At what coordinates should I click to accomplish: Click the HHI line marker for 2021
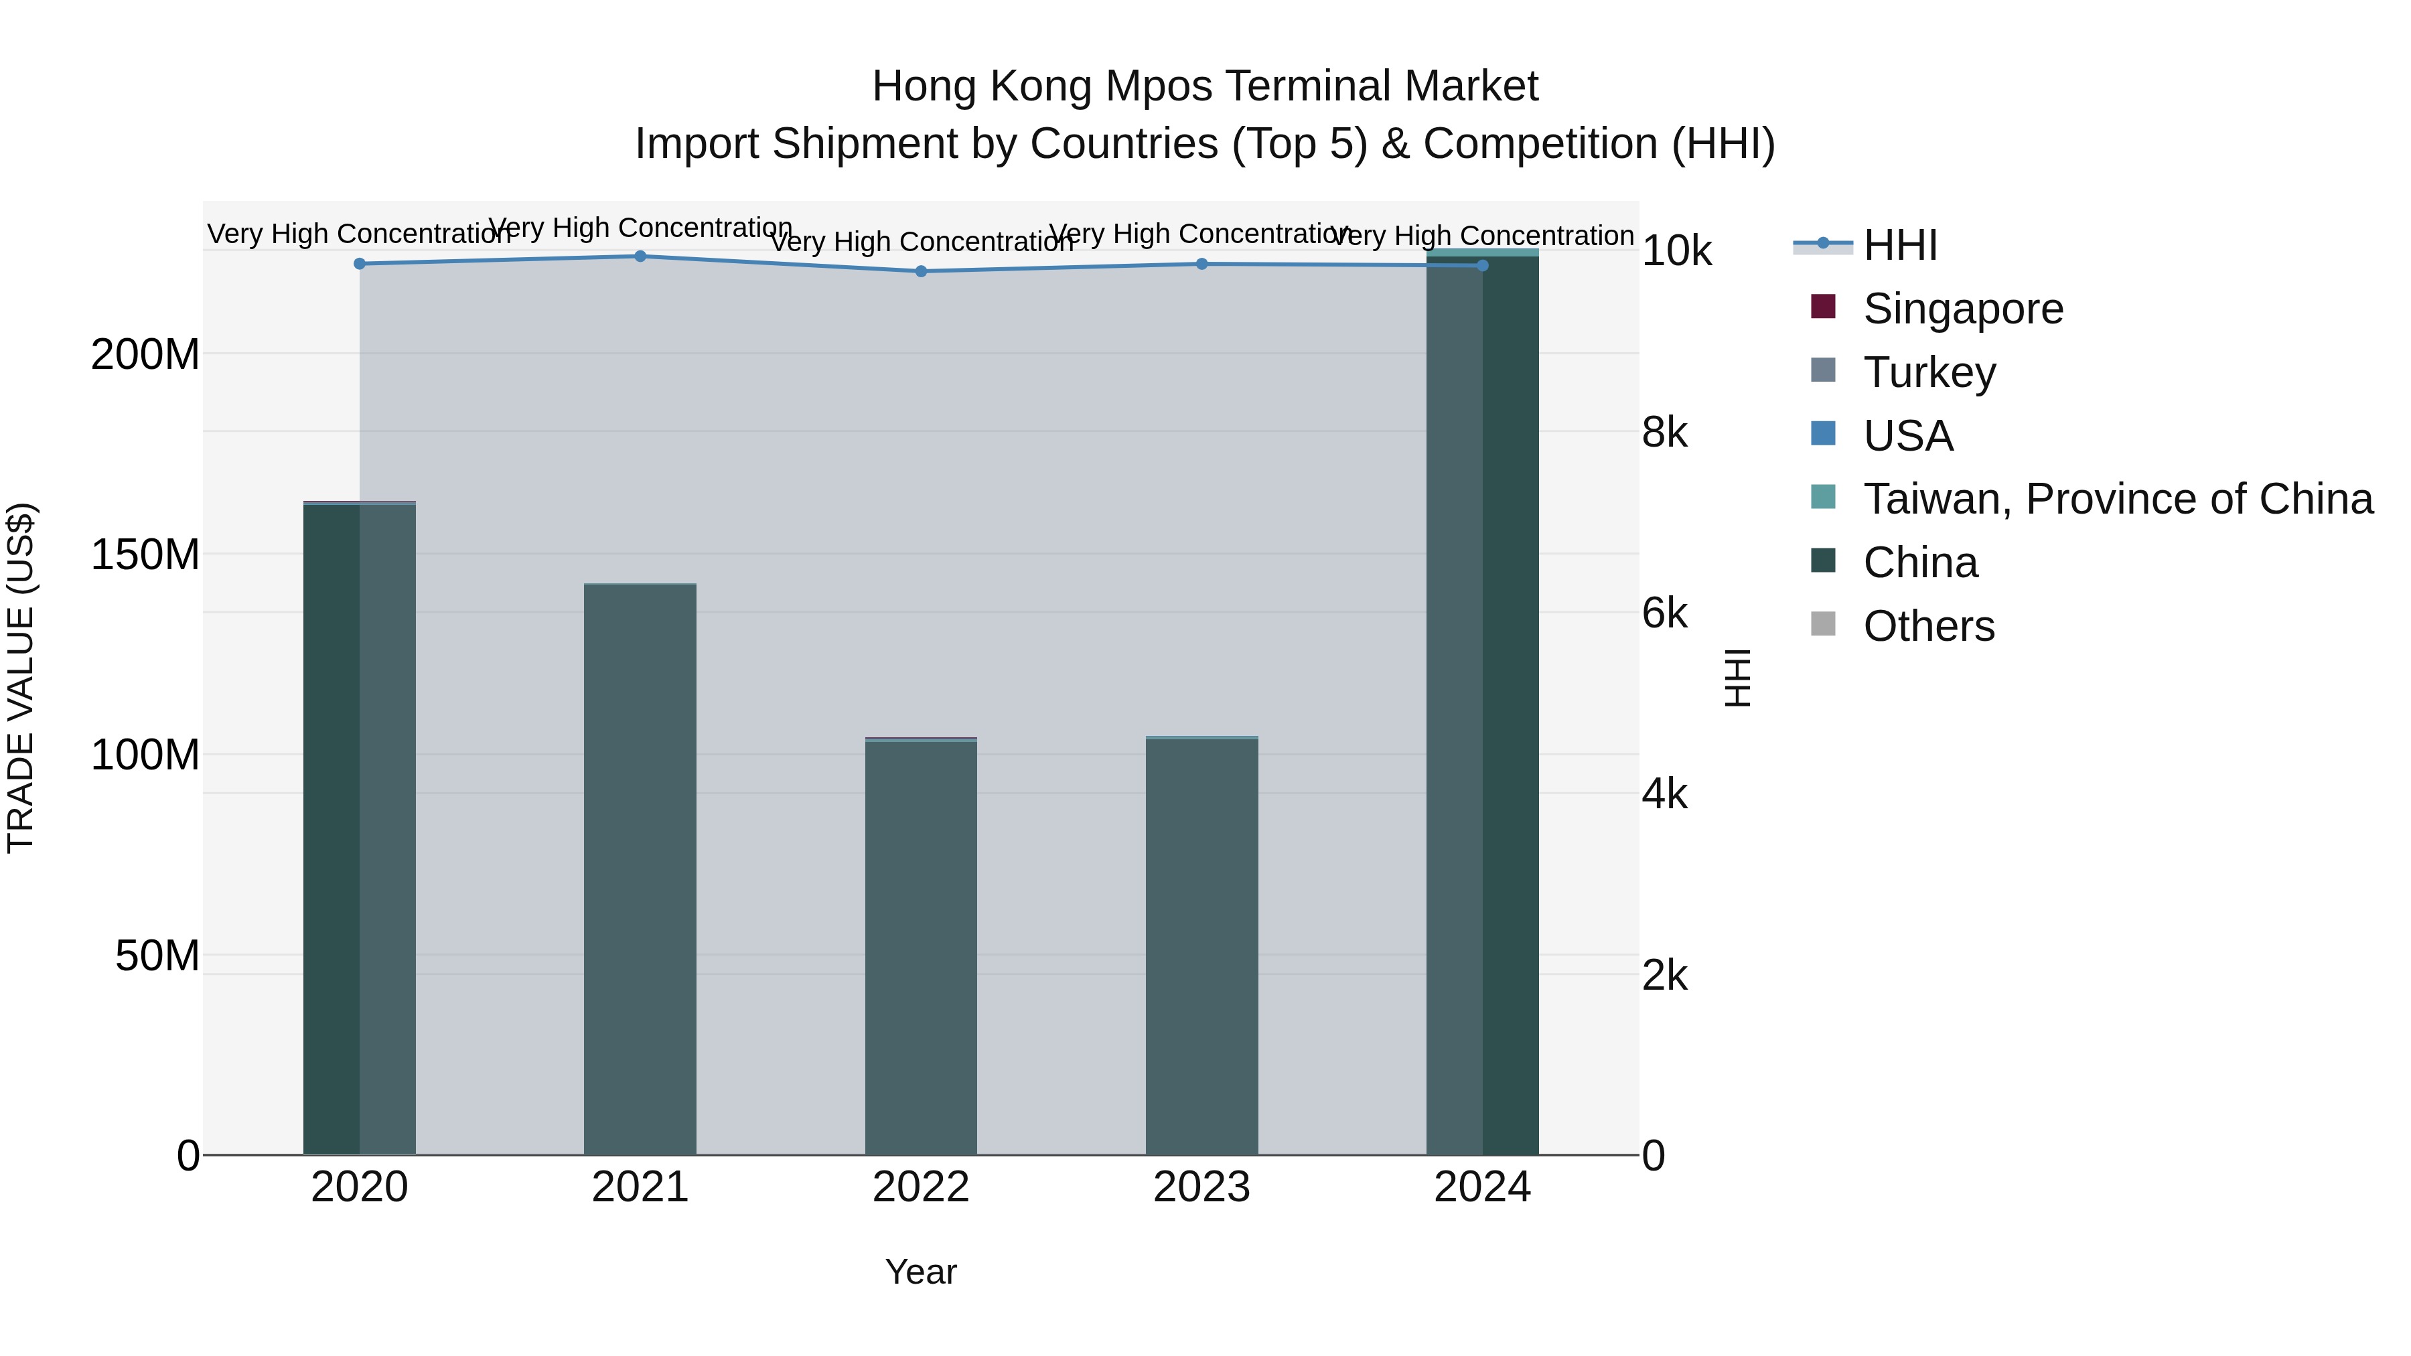(640, 256)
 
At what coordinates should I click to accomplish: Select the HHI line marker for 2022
(921, 271)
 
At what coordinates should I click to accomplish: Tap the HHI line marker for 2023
(1201, 264)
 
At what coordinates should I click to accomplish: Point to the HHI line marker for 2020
(360, 264)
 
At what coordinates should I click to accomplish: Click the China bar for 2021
(640, 871)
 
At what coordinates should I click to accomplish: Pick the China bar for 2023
(1201, 945)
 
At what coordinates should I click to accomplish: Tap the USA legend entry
(1907, 436)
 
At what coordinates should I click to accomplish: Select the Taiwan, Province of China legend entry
(2117, 499)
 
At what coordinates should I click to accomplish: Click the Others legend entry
(1928, 626)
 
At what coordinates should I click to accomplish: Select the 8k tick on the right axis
(1665, 433)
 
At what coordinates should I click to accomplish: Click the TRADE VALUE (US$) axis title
(21, 678)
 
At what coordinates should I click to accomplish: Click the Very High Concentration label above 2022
(921, 242)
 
